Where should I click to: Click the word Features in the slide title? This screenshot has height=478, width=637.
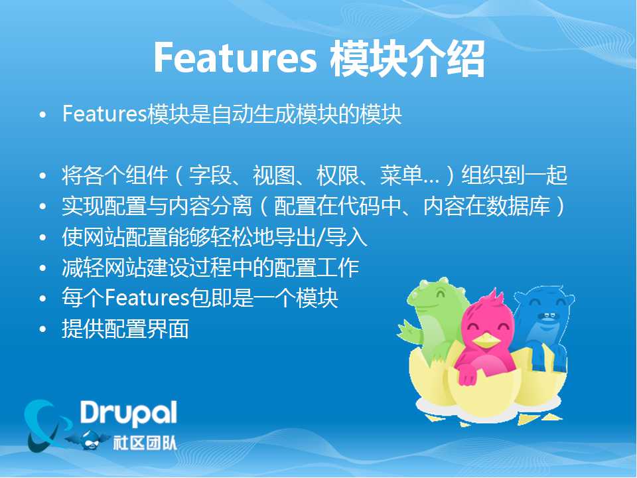coord(235,58)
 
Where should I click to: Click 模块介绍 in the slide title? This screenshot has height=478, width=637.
coord(407,58)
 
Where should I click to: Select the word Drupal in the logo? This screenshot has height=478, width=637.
coord(128,414)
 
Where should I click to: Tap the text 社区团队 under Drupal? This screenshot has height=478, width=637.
coord(145,443)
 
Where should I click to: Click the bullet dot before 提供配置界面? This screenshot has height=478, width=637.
coord(42,329)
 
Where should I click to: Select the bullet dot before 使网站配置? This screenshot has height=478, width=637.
coord(42,238)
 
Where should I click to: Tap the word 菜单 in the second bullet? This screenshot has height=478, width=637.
coord(401,175)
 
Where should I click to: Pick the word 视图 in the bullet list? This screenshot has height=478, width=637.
coord(274,175)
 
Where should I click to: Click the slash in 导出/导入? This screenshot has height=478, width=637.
coord(320,238)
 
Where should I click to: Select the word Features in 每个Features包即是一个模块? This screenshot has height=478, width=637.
coord(147,298)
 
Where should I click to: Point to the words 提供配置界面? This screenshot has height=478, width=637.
coord(125,329)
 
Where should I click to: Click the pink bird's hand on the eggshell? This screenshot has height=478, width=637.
coord(467,376)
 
